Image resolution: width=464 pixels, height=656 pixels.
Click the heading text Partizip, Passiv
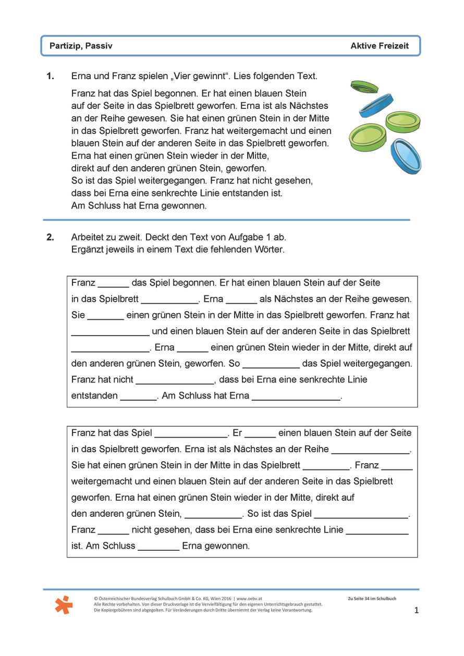(81, 46)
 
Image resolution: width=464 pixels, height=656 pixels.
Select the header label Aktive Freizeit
(380, 46)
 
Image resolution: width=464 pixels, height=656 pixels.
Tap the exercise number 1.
(50, 76)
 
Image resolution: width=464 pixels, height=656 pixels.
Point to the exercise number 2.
(50, 237)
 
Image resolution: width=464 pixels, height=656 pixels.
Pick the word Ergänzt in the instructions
(87, 249)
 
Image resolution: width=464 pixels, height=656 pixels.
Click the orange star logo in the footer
(64, 604)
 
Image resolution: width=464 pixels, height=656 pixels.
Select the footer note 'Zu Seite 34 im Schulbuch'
(372, 599)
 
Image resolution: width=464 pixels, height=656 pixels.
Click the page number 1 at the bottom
(416, 610)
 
